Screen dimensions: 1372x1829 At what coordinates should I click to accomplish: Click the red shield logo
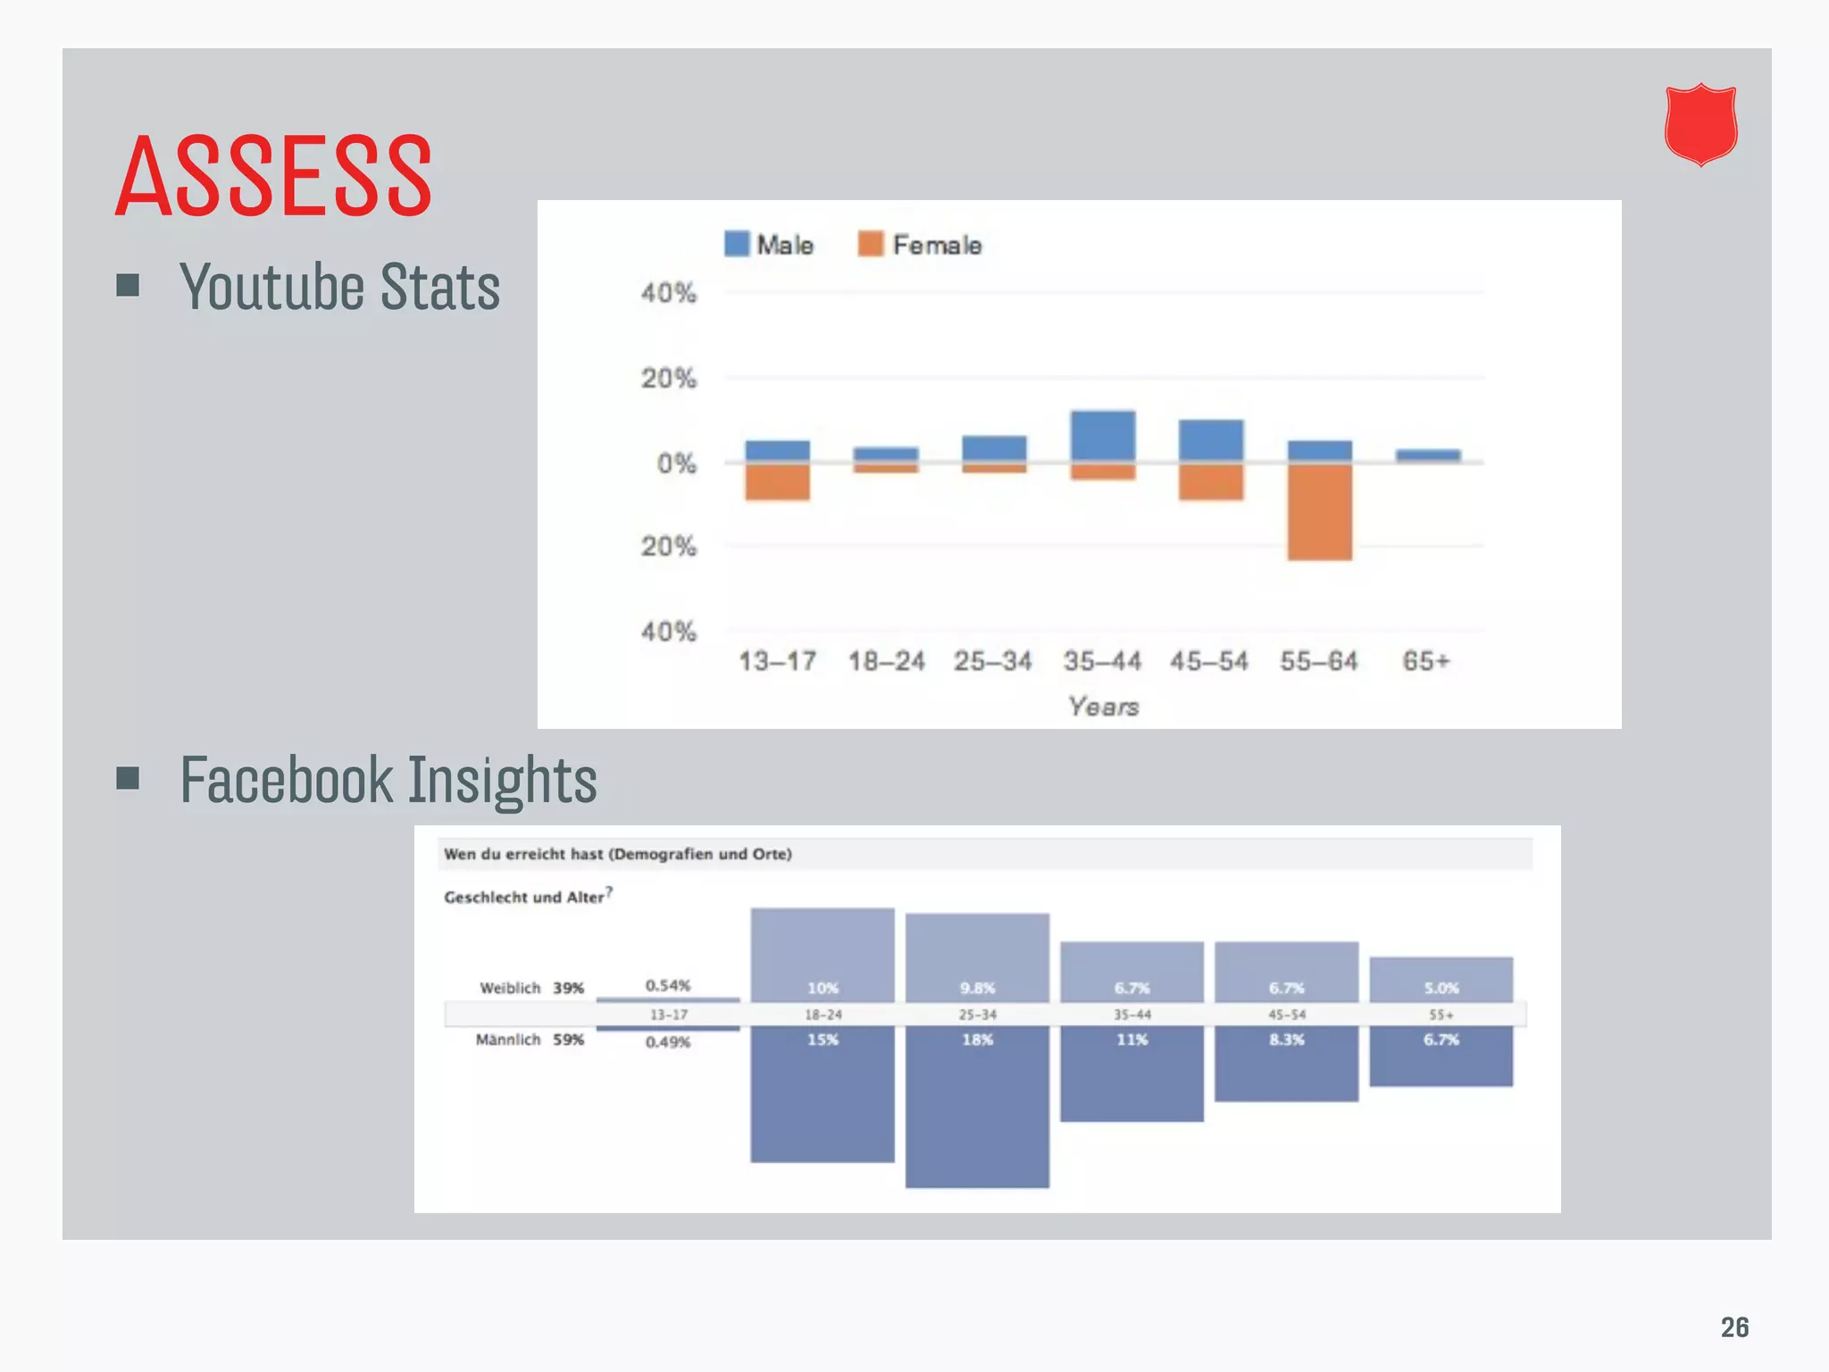[1700, 125]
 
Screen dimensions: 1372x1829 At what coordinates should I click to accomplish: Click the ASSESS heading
[273, 175]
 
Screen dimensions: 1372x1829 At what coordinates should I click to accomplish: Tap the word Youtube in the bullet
[271, 288]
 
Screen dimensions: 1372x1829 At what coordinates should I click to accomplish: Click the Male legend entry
[769, 245]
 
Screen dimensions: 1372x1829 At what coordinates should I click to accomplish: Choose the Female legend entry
[920, 245]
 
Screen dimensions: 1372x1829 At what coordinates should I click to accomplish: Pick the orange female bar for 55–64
[1319, 512]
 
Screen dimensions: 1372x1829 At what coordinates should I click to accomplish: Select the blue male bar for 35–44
[1103, 436]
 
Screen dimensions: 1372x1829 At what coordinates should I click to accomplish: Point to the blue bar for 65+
[1428, 456]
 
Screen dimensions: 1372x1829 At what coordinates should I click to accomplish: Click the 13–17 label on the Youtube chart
[777, 661]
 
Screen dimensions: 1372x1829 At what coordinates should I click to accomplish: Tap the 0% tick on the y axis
[676, 464]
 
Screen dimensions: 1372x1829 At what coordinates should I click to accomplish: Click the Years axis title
[1103, 707]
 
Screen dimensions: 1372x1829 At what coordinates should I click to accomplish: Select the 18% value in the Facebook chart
[977, 1040]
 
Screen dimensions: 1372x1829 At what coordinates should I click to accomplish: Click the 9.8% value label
[977, 988]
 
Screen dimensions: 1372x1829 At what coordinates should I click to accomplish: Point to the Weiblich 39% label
[531, 988]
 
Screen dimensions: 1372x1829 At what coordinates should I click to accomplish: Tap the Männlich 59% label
[530, 1040]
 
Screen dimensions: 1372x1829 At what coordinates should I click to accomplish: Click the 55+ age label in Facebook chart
[1441, 1015]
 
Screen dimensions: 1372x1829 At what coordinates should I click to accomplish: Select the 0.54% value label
[668, 985]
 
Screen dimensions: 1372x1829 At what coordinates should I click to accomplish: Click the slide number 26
[1734, 1327]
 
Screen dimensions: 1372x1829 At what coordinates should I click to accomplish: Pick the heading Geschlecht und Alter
[525, 897]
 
